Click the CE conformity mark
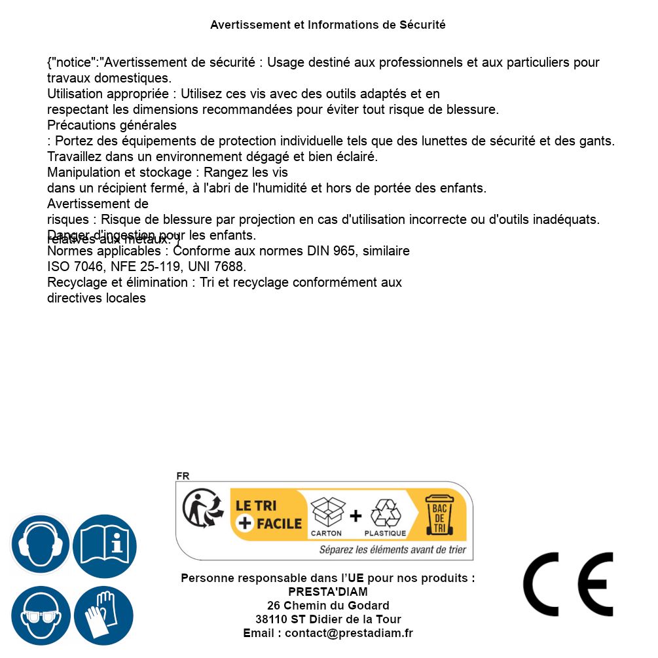(568, 584)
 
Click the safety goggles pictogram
(40, 615)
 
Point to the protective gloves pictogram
(103, 615)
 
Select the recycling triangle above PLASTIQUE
(386, 513)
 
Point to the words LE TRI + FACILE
(268, 515)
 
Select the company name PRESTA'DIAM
(328, 592)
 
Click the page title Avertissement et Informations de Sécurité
(328, 25)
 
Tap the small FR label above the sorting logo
(183, 476)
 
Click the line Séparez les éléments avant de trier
(392, 550)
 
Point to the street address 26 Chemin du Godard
(328, 606)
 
